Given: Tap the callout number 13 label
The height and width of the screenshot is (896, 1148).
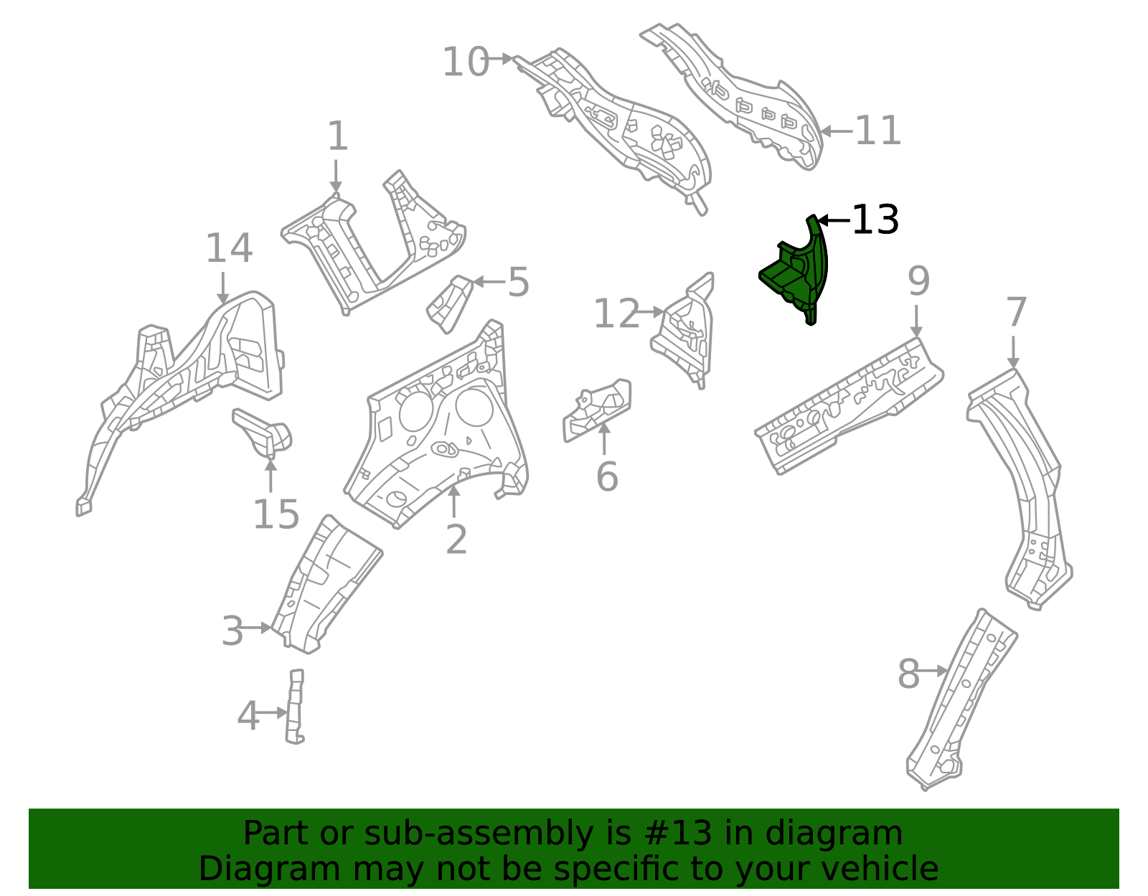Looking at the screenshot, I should coord(875,220).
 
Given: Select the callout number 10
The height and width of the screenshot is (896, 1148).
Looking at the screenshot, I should coord(465,62).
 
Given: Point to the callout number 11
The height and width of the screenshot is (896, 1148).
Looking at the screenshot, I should coord(878,131).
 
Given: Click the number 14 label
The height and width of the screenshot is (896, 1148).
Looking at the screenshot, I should coord(229,249).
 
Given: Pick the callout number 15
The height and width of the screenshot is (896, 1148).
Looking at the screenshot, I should coord(276,514).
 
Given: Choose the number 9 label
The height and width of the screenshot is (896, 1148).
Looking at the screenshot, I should coord(918,282).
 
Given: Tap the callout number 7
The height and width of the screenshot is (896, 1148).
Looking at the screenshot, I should coord(1017,313).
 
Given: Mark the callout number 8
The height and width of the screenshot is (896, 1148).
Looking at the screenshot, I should coord(908,674).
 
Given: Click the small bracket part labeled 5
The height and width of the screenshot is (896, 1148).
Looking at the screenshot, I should coord(451,304).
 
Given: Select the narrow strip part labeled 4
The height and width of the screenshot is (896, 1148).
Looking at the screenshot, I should coord(295,707).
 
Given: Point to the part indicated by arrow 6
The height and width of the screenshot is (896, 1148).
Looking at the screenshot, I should coord(597,412).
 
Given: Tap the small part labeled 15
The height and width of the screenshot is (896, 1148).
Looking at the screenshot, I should coord(262,431).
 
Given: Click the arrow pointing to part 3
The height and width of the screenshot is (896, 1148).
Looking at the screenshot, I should coord(257,628).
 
